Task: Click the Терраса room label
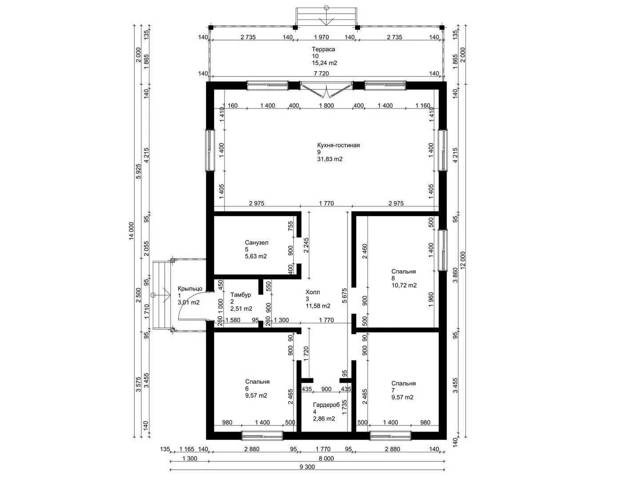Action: coord(324,49)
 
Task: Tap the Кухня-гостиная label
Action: coord(339,145)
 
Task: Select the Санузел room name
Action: coord(256,243)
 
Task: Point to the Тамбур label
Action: coord(240,295)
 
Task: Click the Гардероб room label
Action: coord(327,405)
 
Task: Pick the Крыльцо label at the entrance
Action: coord(190,288)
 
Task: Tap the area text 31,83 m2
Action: coord(330,159)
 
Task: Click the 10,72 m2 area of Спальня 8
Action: coord(404,285)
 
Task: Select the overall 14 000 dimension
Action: coord(131,232)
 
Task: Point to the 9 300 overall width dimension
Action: coord(307,467)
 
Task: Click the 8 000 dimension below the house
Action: coord(326,458)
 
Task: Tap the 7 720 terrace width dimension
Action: coord(321,73)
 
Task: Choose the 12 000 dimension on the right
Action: coord(463,260)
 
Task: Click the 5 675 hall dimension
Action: coord(344,296)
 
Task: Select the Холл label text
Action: coord(313,292)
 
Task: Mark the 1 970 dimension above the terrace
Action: coord(322,37)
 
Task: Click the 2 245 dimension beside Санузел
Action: coord(306,245)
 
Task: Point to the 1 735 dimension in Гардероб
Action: coord(344,407)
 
